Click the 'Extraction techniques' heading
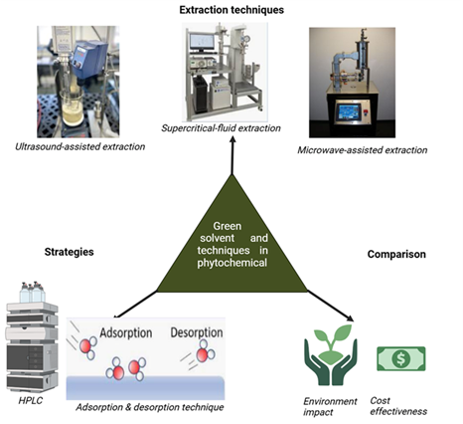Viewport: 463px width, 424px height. [231, 10]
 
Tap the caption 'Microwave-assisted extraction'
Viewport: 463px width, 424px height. [362, 150]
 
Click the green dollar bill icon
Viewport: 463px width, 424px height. [400, 357]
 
